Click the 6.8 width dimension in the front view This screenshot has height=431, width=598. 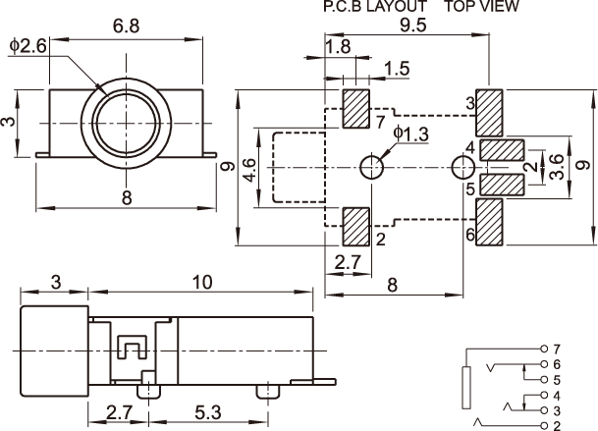tap(127, 27)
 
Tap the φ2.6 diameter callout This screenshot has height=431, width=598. tap(28, 46)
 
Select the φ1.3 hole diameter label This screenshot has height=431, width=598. tap(411, 134)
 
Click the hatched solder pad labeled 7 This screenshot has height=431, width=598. tap(356, 109)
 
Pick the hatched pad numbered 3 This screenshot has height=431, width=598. tap(489, 113)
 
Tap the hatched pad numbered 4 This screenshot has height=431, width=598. tap(502, 150)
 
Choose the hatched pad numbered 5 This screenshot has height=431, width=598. tap(502, 185)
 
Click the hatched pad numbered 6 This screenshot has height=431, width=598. tap(489, 222)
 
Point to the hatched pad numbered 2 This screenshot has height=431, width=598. tap(356, 227)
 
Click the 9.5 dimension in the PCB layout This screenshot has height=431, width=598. tap(413, 26)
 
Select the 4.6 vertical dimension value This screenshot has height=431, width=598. tap(248, 170)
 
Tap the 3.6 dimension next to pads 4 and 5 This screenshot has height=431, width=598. tap(557, 166)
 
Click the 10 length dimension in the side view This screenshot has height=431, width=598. tap(202, 283)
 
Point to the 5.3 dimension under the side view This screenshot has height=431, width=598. tap(208, 412)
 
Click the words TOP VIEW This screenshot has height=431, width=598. tap(482, 6)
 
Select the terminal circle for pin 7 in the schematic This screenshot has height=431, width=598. tap(544, 349)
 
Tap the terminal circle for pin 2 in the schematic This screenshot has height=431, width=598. tap(544, 426)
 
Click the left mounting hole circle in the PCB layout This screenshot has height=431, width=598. tap(372, 167)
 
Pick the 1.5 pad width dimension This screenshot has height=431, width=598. tap(397, 69)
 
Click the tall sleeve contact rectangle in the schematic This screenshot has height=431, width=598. tap(466, 388)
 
